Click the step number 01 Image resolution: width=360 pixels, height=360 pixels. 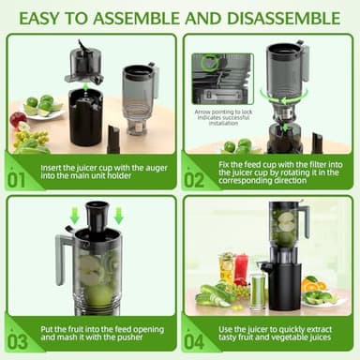tap(18, 178)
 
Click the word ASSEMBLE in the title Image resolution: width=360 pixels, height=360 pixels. tap(155, 17)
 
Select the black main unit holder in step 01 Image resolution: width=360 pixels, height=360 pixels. tap(85, 117)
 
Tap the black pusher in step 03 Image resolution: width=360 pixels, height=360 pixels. tap(96, 220)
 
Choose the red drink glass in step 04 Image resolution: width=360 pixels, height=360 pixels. tap(241, 268)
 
